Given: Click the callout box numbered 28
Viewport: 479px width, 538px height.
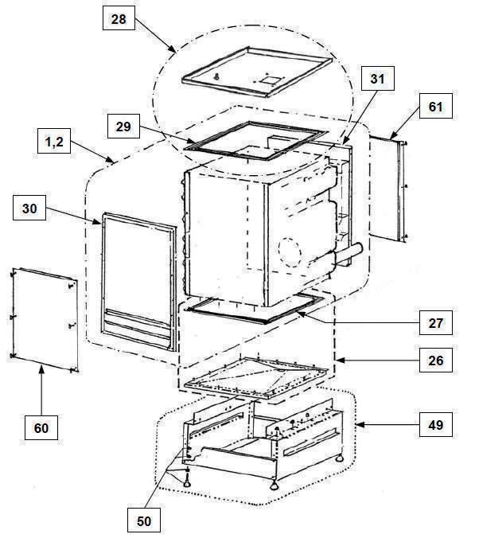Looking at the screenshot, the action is pyautogui.click(x=119, y=18).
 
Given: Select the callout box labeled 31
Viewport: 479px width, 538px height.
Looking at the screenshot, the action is pyautogui.click(x=378, y=79).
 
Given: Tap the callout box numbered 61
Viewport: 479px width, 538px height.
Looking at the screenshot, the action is pyautogui.click(x=436, y=107).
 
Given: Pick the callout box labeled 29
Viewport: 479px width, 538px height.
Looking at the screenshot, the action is pyautogui.click(x=123, y=127).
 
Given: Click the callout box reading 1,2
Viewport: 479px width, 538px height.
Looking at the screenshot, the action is pyautogui.click(x=54, y=141).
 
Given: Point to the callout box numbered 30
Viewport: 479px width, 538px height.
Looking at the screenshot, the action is pyautogui.click(x=29, y=208).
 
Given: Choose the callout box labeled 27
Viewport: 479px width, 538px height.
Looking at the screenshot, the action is pyautogui.click(x=436, y=323).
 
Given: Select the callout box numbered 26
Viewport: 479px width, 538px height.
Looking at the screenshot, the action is pyautogui.click(x=436, y=361).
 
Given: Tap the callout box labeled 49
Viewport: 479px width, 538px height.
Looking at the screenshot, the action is pyautogui.click(x=436, y=425).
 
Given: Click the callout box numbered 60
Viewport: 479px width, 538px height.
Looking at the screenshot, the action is pyautogui.click(x=41, y=427).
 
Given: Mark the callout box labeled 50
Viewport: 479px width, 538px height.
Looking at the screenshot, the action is pyautogui.click(x=144, y=520).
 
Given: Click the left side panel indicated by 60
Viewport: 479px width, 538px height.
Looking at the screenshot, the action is pyautogui.click(x=45, y=319).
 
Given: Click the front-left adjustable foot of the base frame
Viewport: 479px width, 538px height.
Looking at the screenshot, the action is pyautogui.click(x=187, y=481).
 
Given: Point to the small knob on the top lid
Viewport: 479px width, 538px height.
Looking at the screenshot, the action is pyautogui.click(x=216, y=77).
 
